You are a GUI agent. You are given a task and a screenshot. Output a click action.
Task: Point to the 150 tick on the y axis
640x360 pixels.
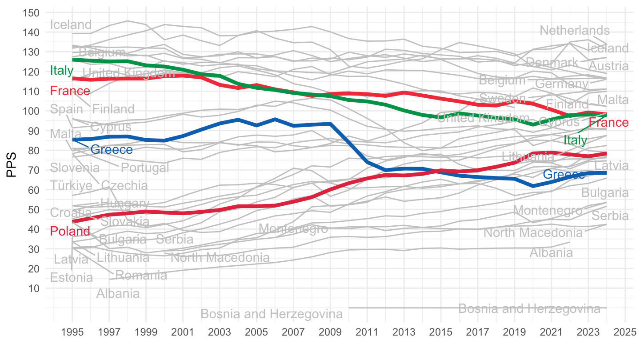(x=30, y=13)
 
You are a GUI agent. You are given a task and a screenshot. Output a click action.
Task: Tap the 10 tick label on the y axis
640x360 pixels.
(x=34, y=288)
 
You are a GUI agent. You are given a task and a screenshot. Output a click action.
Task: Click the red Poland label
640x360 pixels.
(x=70, y=231)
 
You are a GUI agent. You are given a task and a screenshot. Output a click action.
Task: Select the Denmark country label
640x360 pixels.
(x=552, y=62)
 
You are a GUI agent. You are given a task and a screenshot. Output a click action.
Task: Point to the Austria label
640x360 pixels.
(x=608, y=66)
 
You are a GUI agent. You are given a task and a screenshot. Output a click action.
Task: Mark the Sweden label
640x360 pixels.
(x=502, y=98)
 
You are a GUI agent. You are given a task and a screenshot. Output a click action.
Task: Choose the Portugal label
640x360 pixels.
(x=145, y=168)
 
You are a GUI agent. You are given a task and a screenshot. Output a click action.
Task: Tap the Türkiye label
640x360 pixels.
(x=71, y=185)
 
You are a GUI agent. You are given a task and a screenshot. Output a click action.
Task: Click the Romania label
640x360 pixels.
(x=141, y=276)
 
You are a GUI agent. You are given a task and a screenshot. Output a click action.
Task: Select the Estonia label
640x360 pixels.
(x=72, y=278)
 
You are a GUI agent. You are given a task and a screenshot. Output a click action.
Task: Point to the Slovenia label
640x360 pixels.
(x=75, y=168)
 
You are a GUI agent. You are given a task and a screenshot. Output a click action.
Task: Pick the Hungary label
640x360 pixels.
(x=124, y=204)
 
